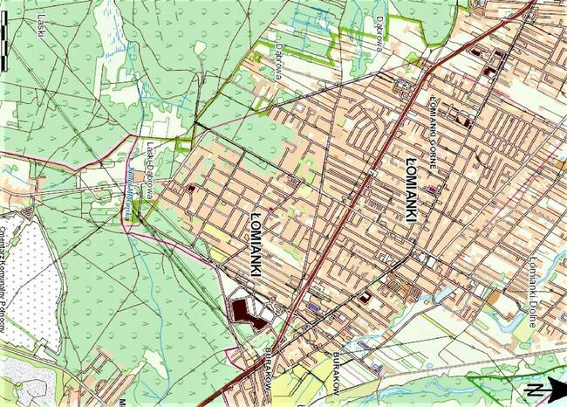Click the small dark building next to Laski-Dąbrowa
pyautogui.click(x=190, y=188)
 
